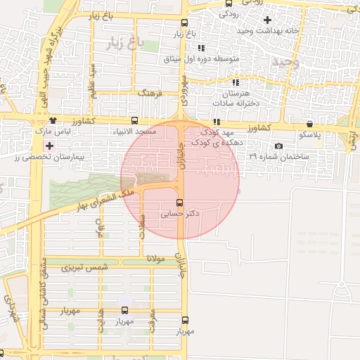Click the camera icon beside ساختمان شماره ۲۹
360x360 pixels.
pyautogui.click(x=279, y=146)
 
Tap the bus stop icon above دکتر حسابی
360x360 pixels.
pyautogui.click(x=178, y=202)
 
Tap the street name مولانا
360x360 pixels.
pyautogui.click(x=155, y=259)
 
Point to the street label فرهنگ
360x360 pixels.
pyautogui.click(x=150, y=93)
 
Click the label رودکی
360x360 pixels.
pyautogui.click(x=230, y=13)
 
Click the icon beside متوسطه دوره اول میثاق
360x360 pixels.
pyautogui.click(x=200, y=48)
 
